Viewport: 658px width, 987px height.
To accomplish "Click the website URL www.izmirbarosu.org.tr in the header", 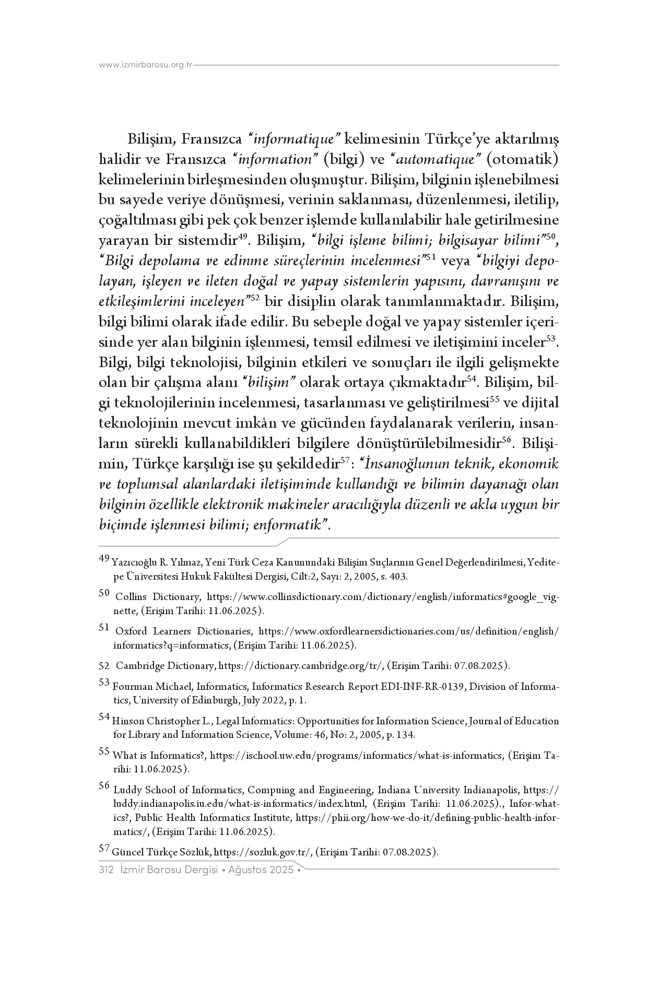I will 146,65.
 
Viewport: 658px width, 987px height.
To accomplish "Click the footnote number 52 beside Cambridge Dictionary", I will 104,666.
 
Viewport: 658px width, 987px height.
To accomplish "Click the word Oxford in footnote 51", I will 131,631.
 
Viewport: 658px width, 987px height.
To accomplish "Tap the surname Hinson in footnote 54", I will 128,721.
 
